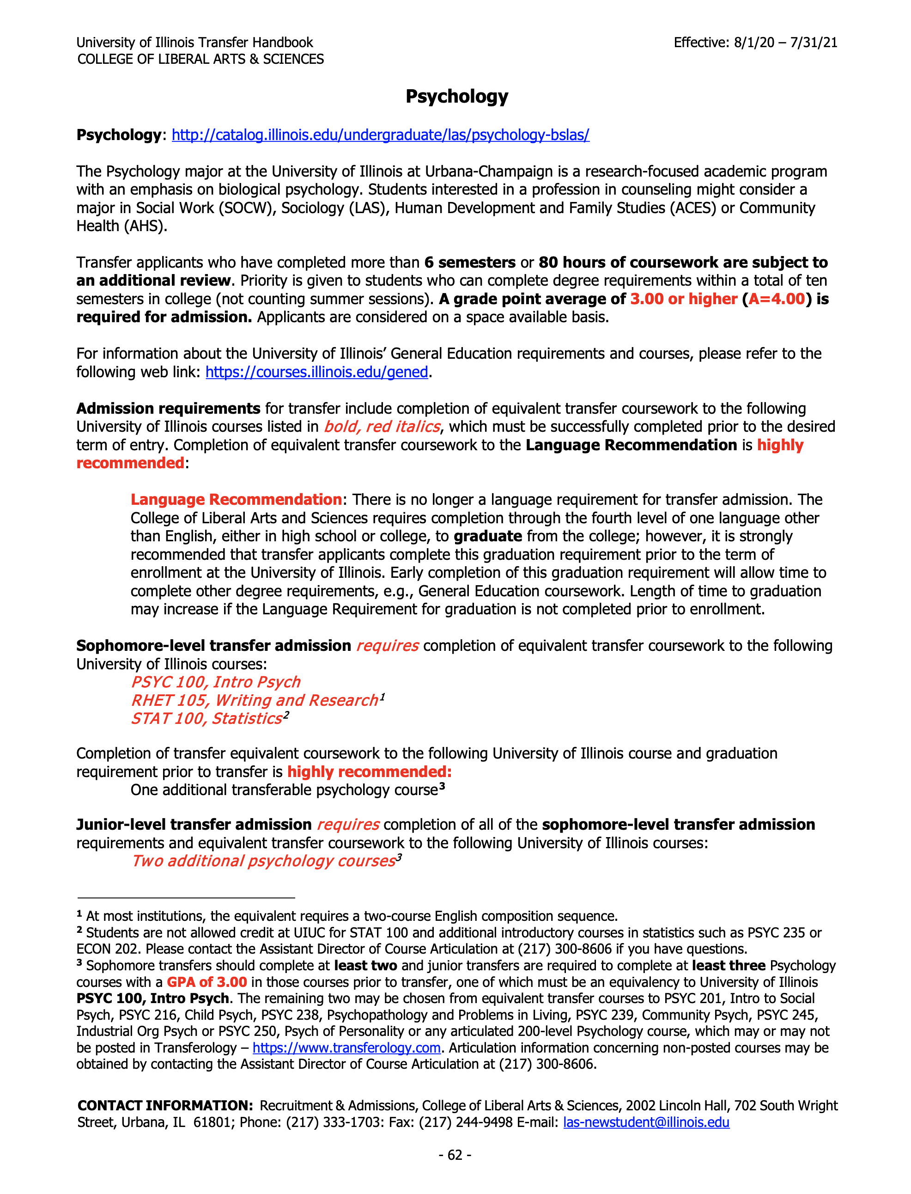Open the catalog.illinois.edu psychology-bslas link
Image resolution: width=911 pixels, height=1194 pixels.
click(380, 135)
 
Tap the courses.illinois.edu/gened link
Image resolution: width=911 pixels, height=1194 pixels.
click(317, 372)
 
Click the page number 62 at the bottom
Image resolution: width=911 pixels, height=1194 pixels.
click(455, 1155)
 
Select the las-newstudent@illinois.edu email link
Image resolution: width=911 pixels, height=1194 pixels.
click(646, 1122)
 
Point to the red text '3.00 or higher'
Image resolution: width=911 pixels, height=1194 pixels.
click(683, 299)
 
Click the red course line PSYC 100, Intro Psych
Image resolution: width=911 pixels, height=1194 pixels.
click(215, 682)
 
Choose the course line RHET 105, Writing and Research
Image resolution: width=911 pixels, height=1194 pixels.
click(255, 700)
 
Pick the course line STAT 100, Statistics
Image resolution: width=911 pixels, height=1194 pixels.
click(206, 719)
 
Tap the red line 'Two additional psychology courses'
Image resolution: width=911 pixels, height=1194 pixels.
click(263, 861)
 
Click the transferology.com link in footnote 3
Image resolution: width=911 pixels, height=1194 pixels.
click(346, 1047)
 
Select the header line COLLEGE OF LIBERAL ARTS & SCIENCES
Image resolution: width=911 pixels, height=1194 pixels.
click(200, 59)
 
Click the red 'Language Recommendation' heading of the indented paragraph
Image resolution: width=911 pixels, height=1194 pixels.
click(236, 500)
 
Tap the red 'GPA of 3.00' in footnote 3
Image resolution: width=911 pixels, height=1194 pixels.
click(206, 982)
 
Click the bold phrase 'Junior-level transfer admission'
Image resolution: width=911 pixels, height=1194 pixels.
click(194, 825)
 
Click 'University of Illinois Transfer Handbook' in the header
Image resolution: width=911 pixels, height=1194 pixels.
click(194, 43)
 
